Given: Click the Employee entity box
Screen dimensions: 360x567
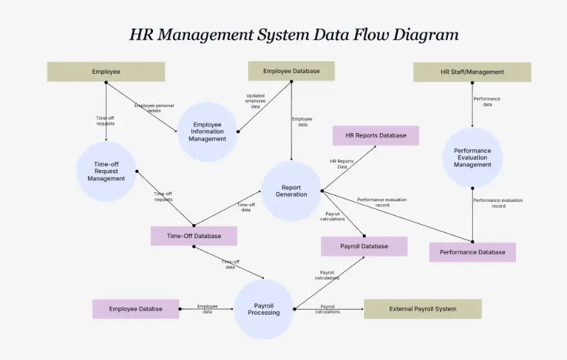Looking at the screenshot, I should [106, 72].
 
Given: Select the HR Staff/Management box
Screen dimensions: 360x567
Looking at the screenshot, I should [472, 72].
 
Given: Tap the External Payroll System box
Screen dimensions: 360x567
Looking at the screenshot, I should [422, 309].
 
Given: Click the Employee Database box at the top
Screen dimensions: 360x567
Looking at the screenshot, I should [291, 71].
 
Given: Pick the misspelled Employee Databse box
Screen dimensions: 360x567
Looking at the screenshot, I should [135, 309].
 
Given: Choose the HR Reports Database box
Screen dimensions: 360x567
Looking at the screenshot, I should [376, 135].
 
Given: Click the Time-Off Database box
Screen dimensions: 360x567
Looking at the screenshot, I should [193, 236].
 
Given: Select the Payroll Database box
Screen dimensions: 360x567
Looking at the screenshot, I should [364, 247].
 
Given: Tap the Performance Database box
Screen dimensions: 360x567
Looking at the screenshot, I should [472, 252].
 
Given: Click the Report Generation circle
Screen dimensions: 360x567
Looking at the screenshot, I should [291, 191].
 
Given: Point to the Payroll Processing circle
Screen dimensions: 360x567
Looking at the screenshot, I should [264, 309].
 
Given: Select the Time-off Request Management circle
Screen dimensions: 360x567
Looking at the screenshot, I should [106, 171].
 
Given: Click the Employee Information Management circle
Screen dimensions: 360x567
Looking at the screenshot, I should [207, 132].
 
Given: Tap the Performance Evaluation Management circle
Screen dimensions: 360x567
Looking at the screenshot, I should [473, 157].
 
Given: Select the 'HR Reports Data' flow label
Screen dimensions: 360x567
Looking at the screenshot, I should [342, 164].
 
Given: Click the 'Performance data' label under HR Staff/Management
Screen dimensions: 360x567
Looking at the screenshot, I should [487, 101].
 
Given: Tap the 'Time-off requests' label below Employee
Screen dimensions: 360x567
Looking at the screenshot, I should [105, 120].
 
